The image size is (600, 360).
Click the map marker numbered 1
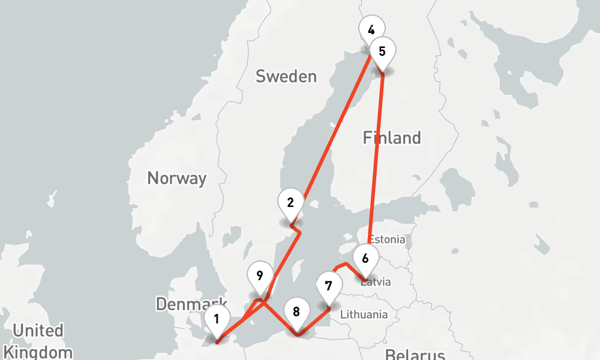[217, 319]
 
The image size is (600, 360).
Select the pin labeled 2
[290, 202]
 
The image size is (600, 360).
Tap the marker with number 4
[371, 29]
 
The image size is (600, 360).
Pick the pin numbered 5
[382, 51]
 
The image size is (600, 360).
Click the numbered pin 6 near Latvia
[365, 258]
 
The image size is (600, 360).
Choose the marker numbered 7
[328, 286]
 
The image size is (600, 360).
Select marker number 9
[259, 276]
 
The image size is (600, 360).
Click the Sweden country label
[286, 76]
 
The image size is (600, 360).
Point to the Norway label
[176, 178]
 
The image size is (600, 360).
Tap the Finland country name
[392, 138]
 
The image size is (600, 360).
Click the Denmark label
[191, 304]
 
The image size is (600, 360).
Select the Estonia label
[387, 239]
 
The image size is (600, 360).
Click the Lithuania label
[364, 314]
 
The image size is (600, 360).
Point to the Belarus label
[415, 354]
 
